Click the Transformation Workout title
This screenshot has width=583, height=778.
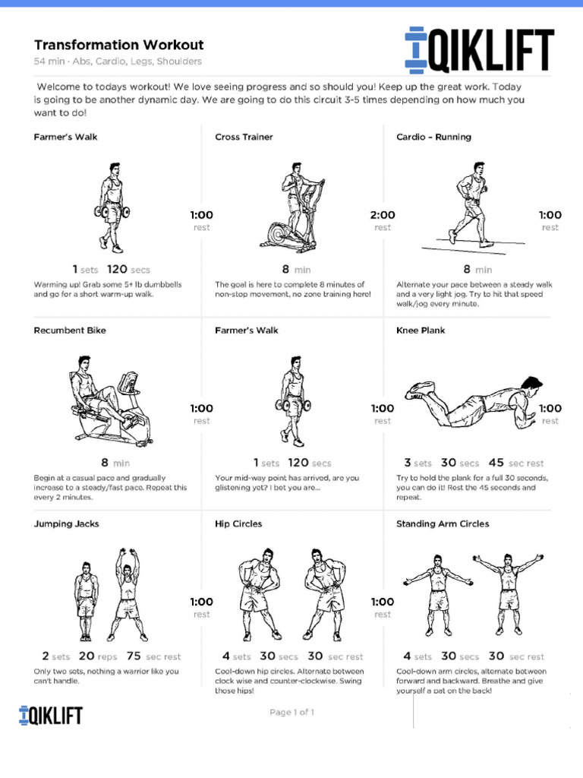[118, 46]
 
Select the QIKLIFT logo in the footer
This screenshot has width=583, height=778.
[51, 715]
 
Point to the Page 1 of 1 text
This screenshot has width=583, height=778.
[291, 713]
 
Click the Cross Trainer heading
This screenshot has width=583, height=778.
[244, 138]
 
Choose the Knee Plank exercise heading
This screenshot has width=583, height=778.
[421, 330]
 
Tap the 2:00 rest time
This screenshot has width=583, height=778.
[383, 215]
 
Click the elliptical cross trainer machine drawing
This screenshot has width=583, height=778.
[291, 209]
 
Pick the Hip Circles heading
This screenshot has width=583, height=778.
[238, 523]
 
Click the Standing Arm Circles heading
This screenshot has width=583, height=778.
[443, 523]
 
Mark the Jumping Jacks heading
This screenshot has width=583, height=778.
[66, 523]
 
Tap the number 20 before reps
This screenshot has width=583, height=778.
[87, 656]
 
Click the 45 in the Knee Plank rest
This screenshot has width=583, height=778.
[496, 463]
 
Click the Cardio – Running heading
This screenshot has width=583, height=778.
[433, 138]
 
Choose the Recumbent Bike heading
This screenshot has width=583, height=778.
[70, 330]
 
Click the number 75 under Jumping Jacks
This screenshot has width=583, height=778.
[134, 656]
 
